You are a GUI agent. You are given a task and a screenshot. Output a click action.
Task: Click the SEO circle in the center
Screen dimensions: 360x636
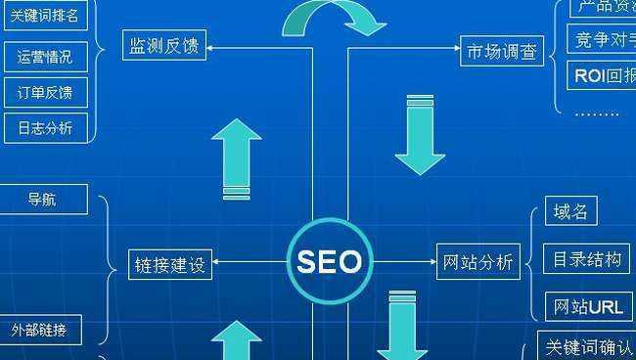(329, 261)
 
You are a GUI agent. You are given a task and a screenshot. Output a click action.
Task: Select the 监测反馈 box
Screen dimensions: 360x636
(165, 46)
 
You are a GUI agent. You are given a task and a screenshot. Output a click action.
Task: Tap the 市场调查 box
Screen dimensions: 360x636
(502, 52)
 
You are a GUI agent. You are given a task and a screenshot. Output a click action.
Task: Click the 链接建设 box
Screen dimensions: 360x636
(171, 263)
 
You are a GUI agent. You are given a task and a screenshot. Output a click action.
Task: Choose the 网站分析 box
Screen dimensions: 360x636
(477, 261)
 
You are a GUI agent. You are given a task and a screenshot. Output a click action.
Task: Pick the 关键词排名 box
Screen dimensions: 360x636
(44, 16)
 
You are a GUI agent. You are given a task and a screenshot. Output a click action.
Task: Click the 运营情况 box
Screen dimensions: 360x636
(44, 57)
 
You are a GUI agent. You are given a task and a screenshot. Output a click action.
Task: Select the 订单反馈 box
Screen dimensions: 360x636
(44, 93)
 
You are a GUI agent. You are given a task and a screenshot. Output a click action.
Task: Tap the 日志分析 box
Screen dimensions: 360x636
(44, 127)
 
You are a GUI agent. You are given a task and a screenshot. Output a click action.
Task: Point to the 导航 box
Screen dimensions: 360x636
(42, 200)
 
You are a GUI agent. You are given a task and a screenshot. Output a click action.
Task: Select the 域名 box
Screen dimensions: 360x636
(570, 211)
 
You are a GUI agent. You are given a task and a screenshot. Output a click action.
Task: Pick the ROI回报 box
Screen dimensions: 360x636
(600, 75)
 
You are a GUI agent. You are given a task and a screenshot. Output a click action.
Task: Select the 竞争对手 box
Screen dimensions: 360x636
(600, 39)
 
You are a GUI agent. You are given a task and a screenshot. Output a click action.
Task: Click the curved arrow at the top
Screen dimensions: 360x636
(331, 18)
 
